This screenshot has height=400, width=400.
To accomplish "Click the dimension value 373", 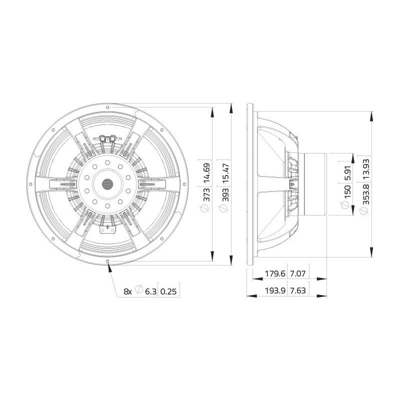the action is click(206, 194).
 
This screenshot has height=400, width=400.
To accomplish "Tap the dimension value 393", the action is click(225, 194).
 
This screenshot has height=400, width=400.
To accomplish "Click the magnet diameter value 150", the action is click(347, 192).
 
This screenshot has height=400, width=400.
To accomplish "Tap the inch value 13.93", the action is click(366, 169).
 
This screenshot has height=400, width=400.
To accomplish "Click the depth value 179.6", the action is click(275, 273).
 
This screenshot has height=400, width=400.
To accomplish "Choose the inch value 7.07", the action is click(297, 273).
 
